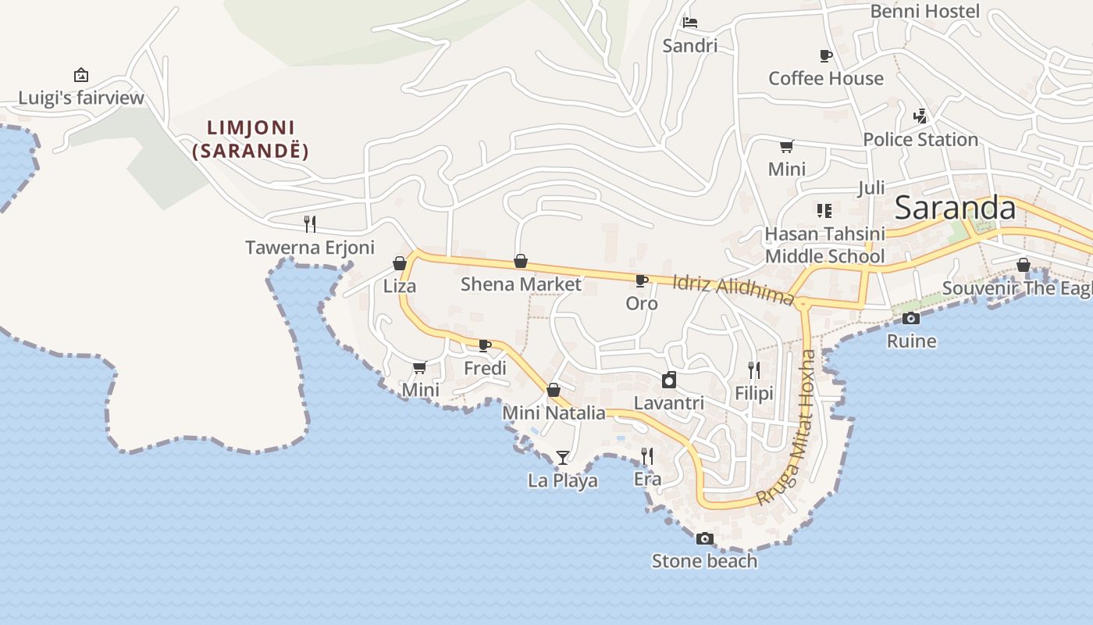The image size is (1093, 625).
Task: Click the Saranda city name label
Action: click(954, 208)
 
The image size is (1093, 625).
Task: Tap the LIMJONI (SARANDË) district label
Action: click(251, 139)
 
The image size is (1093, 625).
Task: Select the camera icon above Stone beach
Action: click(704, 538)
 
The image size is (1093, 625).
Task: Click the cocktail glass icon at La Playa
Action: click(563, 457)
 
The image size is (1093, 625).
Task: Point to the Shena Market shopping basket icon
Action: click(521, 261)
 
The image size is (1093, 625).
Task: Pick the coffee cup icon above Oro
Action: click(641, 280)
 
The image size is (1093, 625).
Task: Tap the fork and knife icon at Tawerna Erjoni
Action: click(310, 224)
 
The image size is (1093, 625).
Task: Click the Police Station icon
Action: click(920, 116)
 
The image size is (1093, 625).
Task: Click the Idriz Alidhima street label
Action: click(733, 289)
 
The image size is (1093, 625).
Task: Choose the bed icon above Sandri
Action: click(689, 23)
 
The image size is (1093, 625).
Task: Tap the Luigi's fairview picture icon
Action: click(80, 75)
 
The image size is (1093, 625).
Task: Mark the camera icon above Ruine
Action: click(910, 318)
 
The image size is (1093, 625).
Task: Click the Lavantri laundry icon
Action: click(668, 380)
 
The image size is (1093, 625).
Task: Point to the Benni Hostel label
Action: click(924, 11)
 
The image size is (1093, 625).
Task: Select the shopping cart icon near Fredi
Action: click(419, 367)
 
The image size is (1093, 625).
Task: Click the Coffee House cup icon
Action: click(825, 55)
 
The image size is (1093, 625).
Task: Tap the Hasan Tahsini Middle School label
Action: click(824, 245)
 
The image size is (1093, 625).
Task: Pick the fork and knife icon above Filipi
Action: click(753, 370)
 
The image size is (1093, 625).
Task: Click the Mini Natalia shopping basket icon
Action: click(554, 389)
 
